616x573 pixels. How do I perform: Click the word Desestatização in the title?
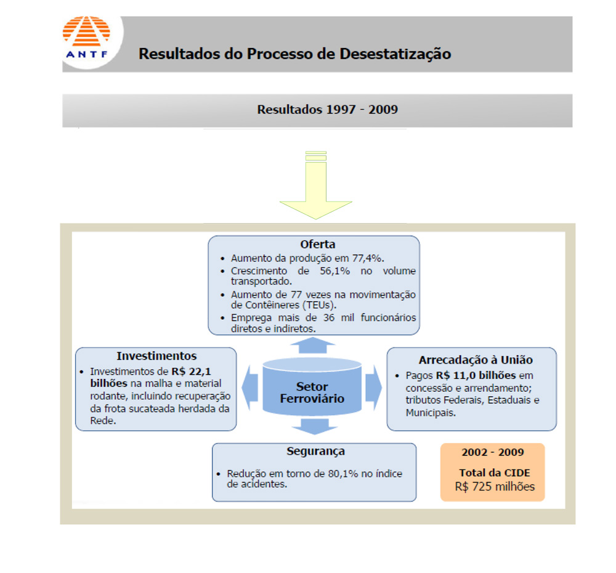[x=395, y=54]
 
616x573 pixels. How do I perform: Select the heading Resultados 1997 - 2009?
[x=327, y=109]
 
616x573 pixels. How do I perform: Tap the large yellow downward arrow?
[x=316, y=185]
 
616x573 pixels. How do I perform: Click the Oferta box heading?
[x=317, y=244]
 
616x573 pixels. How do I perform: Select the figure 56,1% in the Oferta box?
[x=334, y=270]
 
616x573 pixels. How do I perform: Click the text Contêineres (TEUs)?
[x=289, y=305]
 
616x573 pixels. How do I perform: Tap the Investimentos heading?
[x=156, y=356]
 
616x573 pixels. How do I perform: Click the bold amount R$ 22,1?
[x=192, y=372]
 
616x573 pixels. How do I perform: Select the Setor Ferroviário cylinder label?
[x=312, y=392]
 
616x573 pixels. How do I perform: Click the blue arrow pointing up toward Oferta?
[x=313, y=346]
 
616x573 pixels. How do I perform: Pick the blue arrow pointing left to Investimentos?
[x=250, y=388]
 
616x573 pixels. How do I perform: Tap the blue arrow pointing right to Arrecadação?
[x=374, y=388]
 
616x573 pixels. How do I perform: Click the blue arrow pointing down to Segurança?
[x=314, y=426]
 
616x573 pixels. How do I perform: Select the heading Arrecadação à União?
[x=476, y=360]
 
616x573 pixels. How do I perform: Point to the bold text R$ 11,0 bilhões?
[x=476, y=375]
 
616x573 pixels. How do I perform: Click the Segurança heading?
[x=315, y=451]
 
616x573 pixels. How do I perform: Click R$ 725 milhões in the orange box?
[x=495, y=487]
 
